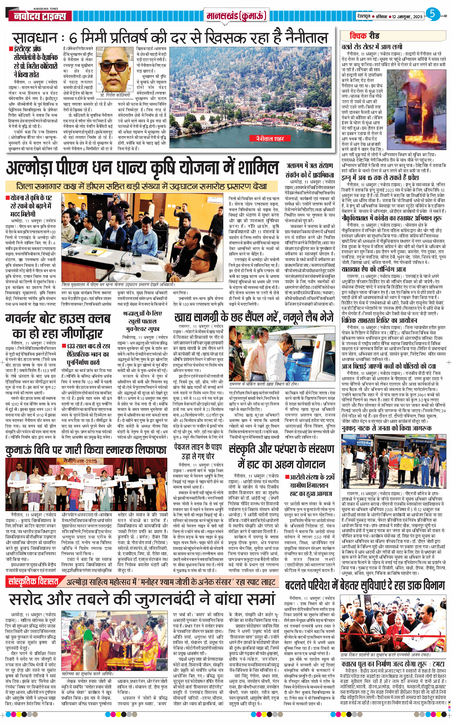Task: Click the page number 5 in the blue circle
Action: pos(432,14)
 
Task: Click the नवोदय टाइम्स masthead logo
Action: pos(40,16)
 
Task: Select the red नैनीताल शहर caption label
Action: pos(270,138)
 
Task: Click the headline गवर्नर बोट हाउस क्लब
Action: pos(58,318)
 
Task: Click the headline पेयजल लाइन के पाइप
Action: pos(198,447)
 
